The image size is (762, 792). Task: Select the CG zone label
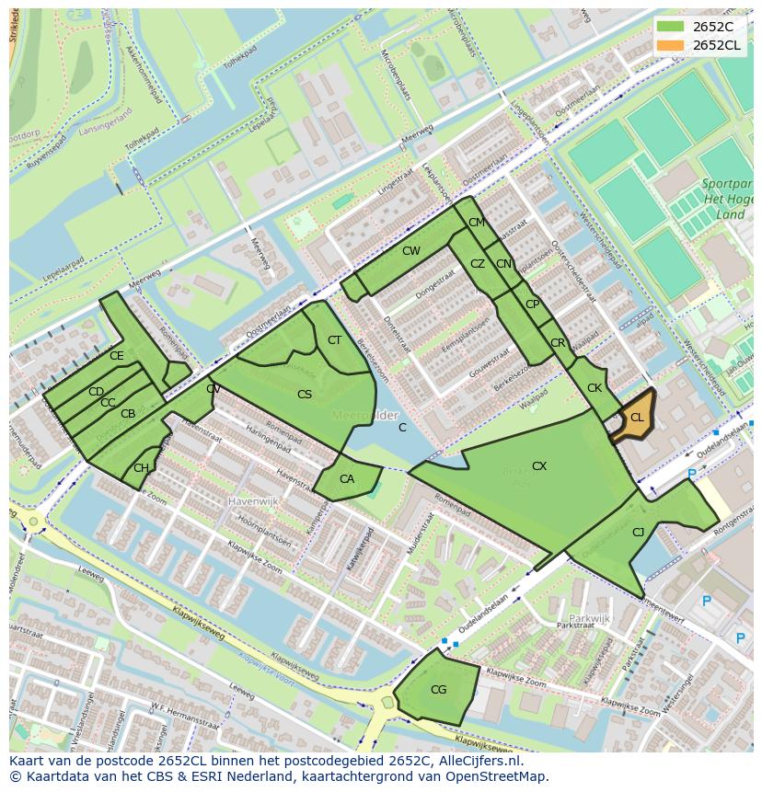pos(438,689)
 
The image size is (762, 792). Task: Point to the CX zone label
pos(539,466)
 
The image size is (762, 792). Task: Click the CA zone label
pos(347,479)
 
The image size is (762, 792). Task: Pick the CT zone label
pos(334,340)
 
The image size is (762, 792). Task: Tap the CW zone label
pos(410,251)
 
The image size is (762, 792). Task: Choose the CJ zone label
pos(638,532)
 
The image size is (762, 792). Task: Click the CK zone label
pos(595,388)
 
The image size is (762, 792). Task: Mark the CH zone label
pos(141,468)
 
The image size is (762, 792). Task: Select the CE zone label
pos(116,356)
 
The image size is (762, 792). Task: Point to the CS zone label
pos(305,395)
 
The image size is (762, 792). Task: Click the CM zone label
pos(476,223)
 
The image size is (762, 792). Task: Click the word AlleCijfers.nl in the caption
pos(478,762)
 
